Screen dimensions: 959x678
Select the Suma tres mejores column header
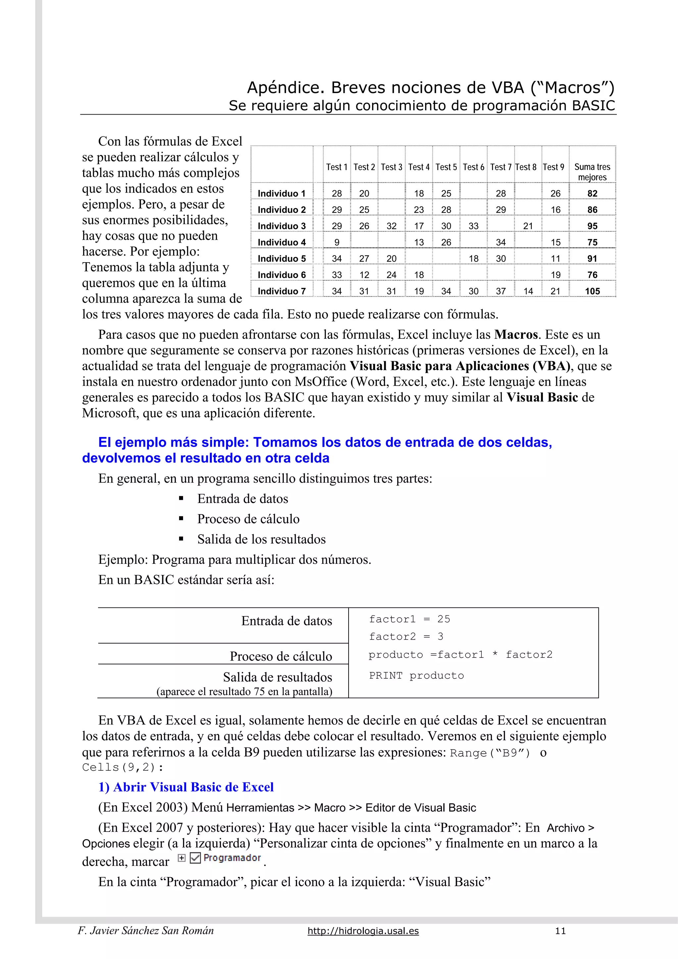click(x=592, y=172)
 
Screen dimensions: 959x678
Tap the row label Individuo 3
click(x=281, y=226)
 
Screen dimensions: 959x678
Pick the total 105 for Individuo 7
click(x=592, y=291)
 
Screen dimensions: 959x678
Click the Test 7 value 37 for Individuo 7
click(x=501, y=291)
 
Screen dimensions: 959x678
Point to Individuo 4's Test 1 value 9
click(x=337, y=242)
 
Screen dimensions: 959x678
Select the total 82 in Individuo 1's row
click(x=592, y=193)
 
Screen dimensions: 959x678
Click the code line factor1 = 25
click(x=410, y=619)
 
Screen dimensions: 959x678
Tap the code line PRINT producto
click(x=416, y=675)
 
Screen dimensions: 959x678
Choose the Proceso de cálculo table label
click(x=281, y=656)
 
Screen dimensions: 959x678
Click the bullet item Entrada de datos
click(x=242, y=499)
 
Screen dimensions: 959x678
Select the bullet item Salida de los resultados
click(x=261, y=539)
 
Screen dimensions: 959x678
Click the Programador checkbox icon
click(x=195, y=858)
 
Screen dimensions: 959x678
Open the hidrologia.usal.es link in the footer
click(x=363, y=931)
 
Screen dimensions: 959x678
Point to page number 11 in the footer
click(x=560, y=931)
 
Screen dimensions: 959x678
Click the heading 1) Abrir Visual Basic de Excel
click(x=186, y=787)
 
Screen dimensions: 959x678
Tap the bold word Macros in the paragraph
click(x=515, y=335)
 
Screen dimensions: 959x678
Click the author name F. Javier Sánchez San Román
click(x=146, y=931)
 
